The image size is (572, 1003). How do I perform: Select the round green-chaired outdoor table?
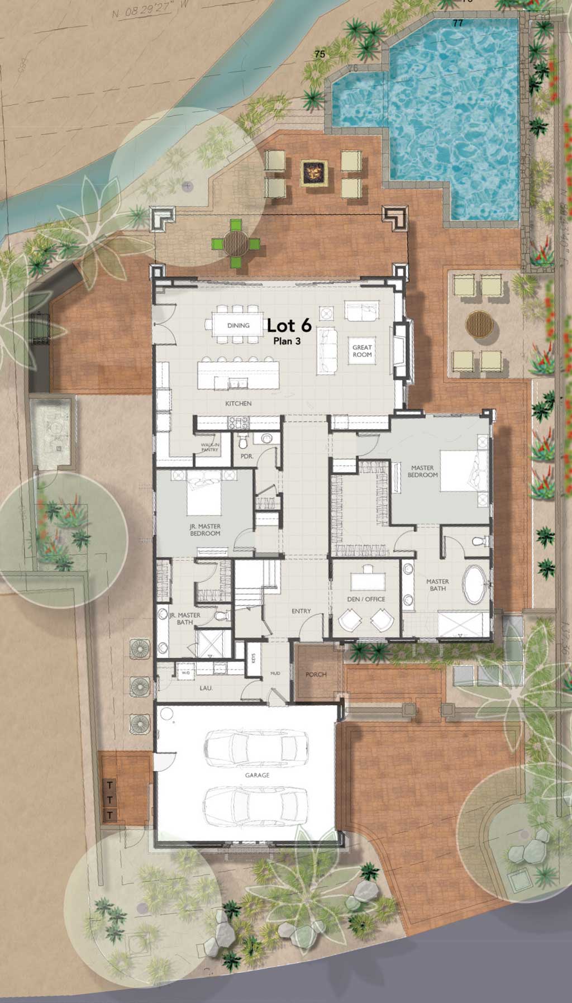point(236,243)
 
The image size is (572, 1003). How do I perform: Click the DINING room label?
point(239,325)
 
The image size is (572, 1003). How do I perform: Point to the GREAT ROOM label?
point(362,351)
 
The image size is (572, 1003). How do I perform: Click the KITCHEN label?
point(238,403)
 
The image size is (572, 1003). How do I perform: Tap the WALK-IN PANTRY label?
point(210,447)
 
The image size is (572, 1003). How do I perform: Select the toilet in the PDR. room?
point(242,442)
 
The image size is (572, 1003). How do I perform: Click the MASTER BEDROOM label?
point(422,472)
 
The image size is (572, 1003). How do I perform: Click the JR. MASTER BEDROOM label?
point(205,530)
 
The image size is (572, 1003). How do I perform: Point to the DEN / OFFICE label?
point(367,599)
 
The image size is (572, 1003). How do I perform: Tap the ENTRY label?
point(301,611)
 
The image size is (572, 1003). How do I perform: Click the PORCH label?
point(316,674)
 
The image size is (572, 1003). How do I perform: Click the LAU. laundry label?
point(206,688)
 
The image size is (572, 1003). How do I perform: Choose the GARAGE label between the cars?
point(257,775)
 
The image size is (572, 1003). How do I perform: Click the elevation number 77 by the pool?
point(458,23)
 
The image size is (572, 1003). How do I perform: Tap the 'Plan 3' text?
point(287,341)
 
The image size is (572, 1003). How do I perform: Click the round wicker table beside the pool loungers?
point(479,324)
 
